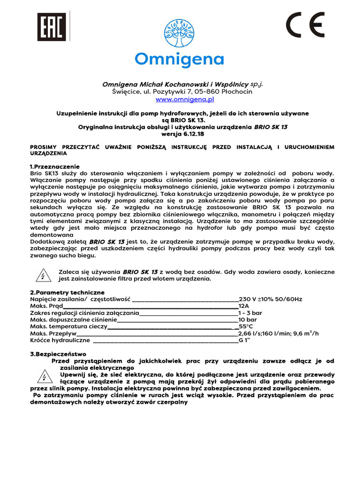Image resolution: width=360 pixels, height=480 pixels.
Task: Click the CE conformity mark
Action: (305, 25)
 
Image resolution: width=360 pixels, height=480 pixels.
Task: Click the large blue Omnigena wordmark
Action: (180, 60)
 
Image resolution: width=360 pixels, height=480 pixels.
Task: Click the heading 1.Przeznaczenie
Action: (54, 167)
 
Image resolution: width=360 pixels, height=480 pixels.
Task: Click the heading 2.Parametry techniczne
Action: (67, 292)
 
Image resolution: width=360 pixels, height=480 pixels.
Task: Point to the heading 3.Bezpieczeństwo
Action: (58, 354)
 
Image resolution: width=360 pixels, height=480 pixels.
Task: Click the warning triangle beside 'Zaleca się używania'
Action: (43, 275)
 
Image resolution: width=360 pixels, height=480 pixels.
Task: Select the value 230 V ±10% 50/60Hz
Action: (270, 299)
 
